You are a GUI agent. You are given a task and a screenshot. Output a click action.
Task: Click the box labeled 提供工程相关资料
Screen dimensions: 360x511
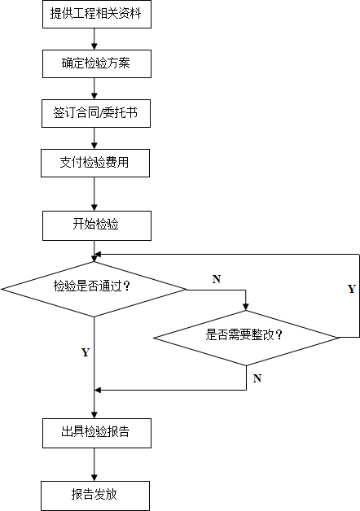click(x=97, y=14)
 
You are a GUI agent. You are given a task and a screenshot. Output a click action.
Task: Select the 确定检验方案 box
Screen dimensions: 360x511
click(x=97, y=63)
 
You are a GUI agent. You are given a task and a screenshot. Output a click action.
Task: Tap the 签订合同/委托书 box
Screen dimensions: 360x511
click(x=96, y=113)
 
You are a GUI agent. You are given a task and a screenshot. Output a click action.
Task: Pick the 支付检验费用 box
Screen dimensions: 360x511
click(x=95, y=164)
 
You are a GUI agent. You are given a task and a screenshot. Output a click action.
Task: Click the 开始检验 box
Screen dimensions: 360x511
click(x=97, y=226)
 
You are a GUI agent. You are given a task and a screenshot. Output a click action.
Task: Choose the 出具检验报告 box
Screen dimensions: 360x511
click(x=97, y=434)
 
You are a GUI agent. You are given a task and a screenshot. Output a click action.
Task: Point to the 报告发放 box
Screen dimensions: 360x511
click(x=95, y=496)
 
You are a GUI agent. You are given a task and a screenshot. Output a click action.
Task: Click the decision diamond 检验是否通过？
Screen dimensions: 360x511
click(x=94, y=289)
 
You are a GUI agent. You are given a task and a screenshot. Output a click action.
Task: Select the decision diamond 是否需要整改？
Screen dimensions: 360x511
click(x=246, y=338)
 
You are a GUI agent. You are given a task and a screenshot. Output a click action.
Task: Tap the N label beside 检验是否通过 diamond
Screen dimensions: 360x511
click(x=217, y=279)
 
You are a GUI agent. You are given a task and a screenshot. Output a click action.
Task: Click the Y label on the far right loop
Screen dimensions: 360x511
click(x=352, y=289)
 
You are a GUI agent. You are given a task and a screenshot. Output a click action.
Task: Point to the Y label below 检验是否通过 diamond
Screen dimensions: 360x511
click(x=86, y=352)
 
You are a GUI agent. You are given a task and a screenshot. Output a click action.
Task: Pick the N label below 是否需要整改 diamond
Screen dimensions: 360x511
click(x=257, y=378)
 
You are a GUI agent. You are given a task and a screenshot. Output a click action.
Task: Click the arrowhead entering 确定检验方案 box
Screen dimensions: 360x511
click(x=94, y=46)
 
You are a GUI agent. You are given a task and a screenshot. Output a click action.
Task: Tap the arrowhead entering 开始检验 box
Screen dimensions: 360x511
click(x=94, y=207)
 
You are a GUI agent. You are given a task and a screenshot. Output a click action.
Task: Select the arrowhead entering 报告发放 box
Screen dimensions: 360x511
click(x=94, y=478)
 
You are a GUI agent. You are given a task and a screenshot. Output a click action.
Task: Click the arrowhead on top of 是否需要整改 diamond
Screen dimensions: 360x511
click(x=246, y=307)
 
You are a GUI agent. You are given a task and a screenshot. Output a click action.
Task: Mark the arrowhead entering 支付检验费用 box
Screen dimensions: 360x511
click(x=94, y=146)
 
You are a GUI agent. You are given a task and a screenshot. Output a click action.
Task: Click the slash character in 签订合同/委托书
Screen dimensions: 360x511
click(x=101, y=113)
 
